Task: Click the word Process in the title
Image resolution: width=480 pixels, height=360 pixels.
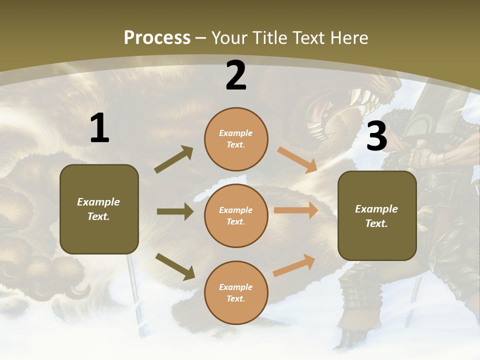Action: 157,37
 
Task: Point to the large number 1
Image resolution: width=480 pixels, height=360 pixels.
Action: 99,128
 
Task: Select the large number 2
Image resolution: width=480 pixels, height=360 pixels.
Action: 236,75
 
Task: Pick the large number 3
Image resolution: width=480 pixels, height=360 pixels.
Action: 376,136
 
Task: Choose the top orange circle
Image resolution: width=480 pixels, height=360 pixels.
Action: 236,139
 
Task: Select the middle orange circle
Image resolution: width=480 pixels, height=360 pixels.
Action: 236,215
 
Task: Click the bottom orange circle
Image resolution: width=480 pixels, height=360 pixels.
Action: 236,292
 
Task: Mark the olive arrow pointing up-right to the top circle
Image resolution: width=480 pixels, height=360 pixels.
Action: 173,159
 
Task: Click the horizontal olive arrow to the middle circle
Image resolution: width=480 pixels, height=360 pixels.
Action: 175,211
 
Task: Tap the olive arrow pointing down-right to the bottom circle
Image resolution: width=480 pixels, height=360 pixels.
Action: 175,266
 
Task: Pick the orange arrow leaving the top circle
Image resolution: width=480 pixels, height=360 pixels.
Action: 297,160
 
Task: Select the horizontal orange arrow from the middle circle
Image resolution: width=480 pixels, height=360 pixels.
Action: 296,210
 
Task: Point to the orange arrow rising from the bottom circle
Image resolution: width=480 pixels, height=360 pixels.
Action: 294,265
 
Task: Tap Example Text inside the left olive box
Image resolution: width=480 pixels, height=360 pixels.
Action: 98,209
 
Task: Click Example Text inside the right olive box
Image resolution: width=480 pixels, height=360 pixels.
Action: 376,216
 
